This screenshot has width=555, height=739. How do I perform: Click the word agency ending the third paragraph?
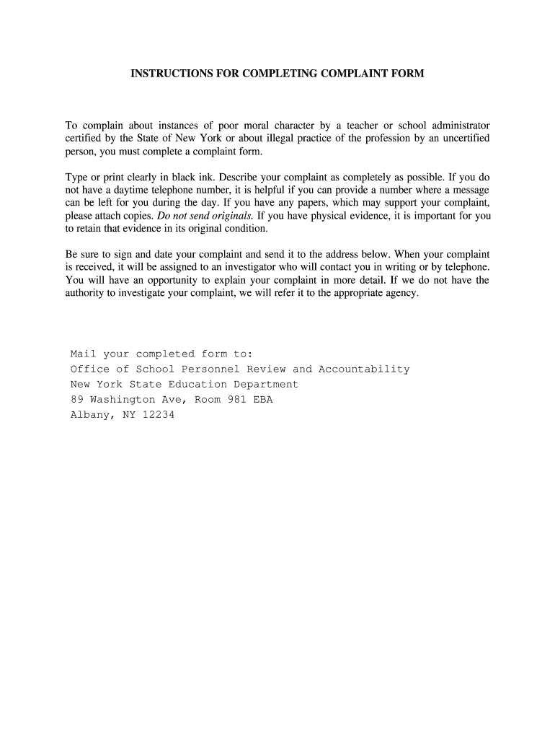tap(399, 294)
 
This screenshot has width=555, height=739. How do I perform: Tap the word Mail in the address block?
tap(83, 354)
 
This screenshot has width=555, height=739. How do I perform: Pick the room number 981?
tap(236, 400)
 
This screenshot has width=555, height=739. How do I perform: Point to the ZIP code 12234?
tap(159, 415)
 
